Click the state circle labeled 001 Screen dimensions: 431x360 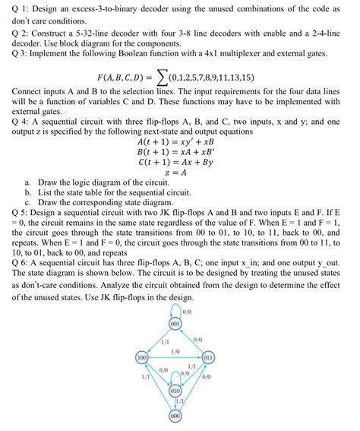175,324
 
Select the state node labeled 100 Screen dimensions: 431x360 142,356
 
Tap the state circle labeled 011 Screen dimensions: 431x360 208,356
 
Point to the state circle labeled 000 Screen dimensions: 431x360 175,416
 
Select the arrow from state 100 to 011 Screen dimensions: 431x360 175,356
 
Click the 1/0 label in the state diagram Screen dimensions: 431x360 175,350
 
